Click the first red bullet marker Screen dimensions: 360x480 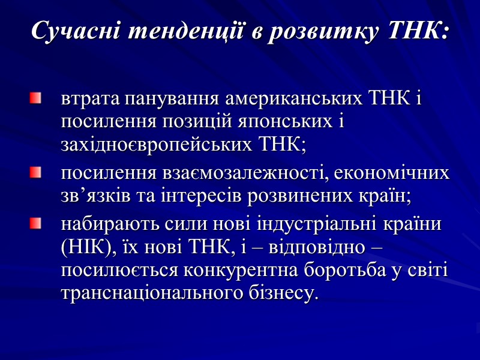pos(37,97)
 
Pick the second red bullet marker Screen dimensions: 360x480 pos(37,173)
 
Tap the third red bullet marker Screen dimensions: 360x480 pos(37,224)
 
